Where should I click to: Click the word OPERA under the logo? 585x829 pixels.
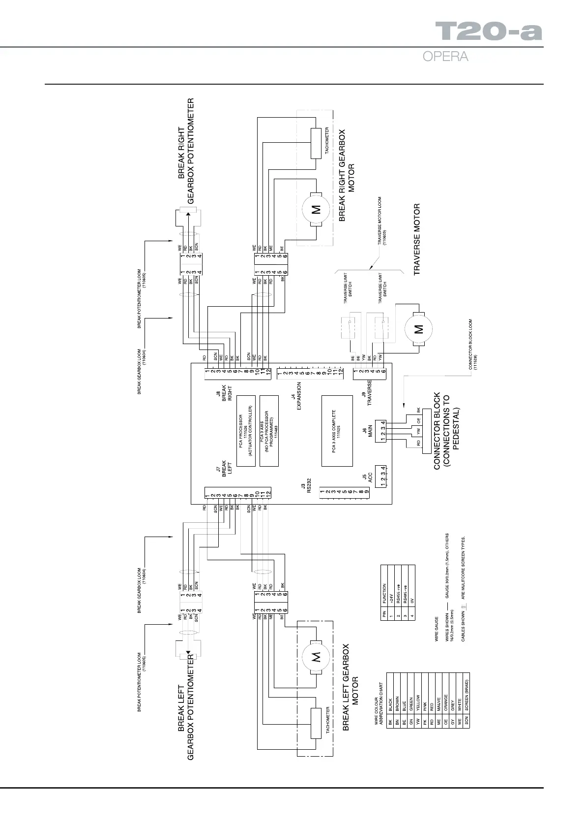(445, 57)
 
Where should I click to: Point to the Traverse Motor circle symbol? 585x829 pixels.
(418, 329)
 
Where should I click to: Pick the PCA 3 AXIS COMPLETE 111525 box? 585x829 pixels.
(337, 430)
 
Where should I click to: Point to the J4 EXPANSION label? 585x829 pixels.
(295, 396)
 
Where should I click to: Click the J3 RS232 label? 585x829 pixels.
(306, 488)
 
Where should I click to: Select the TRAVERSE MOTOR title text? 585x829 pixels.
(417, 239)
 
